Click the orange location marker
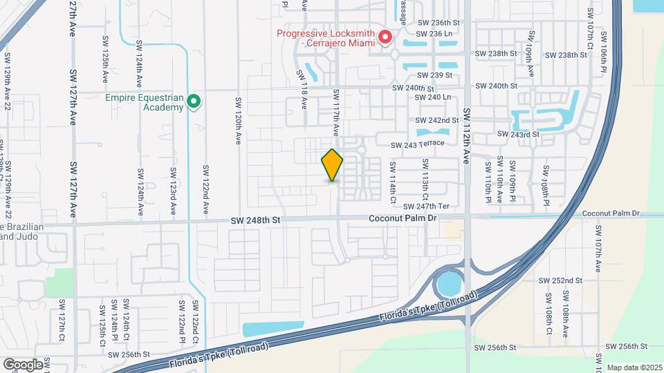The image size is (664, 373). click(332, 165)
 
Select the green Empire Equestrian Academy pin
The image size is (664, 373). click(194, 102)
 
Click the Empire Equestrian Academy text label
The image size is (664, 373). click(144, 102)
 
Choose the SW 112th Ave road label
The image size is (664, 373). click(466, 135)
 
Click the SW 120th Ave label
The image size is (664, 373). click(237, 119)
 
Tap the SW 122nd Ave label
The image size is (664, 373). click(205, 188)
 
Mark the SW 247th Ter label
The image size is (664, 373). click(426, 206)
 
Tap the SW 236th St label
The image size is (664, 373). click(438, 23)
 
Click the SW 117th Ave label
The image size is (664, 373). click(335, 112)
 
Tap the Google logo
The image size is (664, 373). click(23, 364)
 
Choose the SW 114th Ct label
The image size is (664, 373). click(393, 182)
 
